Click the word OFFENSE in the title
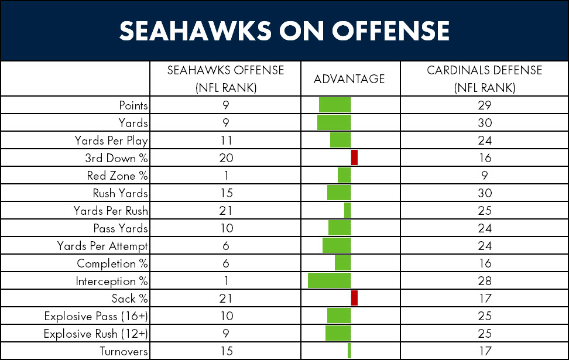[390, 30]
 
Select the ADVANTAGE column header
[349, 79]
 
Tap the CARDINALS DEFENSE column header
[485, 79]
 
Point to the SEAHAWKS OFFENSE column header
[226, 79]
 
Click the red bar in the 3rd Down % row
[355, 157]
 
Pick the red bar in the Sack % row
[355, 298]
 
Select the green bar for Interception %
[330, 280]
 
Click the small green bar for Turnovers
[349, 351]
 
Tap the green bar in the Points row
[335, 105]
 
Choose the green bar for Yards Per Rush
[348, 210]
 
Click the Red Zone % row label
[117, 176]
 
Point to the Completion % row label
[112, 263]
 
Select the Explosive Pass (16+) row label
[96, 316]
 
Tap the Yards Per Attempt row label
[102, 246]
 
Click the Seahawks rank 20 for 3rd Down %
[226, 158]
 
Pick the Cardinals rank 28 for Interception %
[485, 281]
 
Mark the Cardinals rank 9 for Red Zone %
[485, 176]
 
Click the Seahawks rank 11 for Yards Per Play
[226, 140]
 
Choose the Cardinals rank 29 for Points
[485, 105]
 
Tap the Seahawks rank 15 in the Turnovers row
[226, 351]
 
